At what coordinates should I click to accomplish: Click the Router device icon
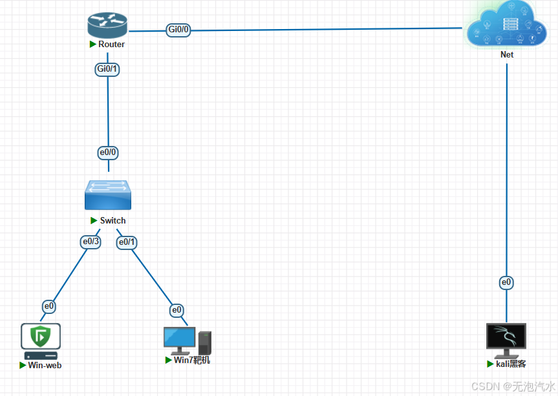(x=107, y=25)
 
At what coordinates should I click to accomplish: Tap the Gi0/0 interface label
(x=178, y=30)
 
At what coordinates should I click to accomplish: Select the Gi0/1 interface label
(x=107, y=69)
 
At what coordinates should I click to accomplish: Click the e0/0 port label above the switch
(x=108, y=152)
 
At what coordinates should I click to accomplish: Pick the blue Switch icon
(x=107, y=195)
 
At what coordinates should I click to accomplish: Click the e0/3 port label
(x=91, y=242)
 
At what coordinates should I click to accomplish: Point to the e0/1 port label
(x=127, y=242)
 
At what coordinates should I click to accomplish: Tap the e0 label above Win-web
(x=49, y=306)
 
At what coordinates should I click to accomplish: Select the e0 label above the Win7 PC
(x=177, y=310)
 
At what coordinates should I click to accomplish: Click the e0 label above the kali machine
(x=506, y=282)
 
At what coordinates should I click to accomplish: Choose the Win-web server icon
(x=41, y=341)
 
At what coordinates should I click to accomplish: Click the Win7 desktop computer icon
(x=187, y=340)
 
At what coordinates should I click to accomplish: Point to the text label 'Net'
(x=507, y=55)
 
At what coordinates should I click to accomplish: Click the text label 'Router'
(x=111, y=45)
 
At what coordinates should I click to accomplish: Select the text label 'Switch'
(x=113, y=221)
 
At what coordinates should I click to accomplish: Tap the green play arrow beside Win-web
(x=23, y=365)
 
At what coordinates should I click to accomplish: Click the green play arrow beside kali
(x=491, y=364)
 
